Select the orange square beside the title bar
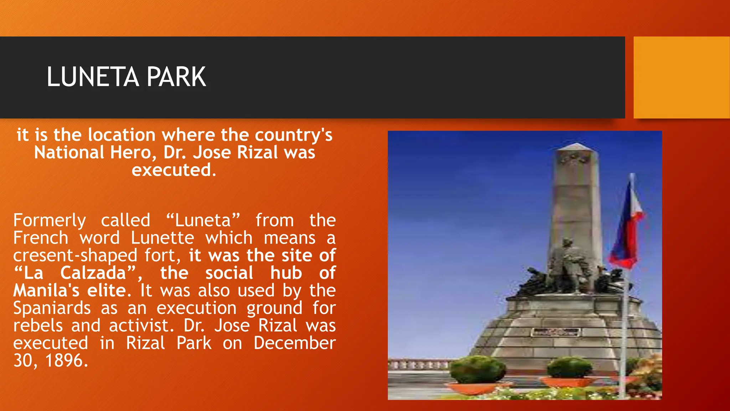pyautogui.click(x=682, y=77)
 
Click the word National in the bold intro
pyautogui.click(x=69, y=153)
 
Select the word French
pyautogui.click(x=41, y=238)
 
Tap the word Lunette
pyautogui.click(x=163, y=238)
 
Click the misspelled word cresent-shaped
pyautogui.click(x=75, y=256)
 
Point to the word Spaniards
pyautogui.click(x=52, y=309)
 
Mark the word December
pyautogui.click(x=294, y=343)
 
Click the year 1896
pyautogui.click(x=66, y=361)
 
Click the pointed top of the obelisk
pyautogui.click(x=577, y=146)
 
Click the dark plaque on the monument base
pyautogui.click(x=554, y=332)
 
